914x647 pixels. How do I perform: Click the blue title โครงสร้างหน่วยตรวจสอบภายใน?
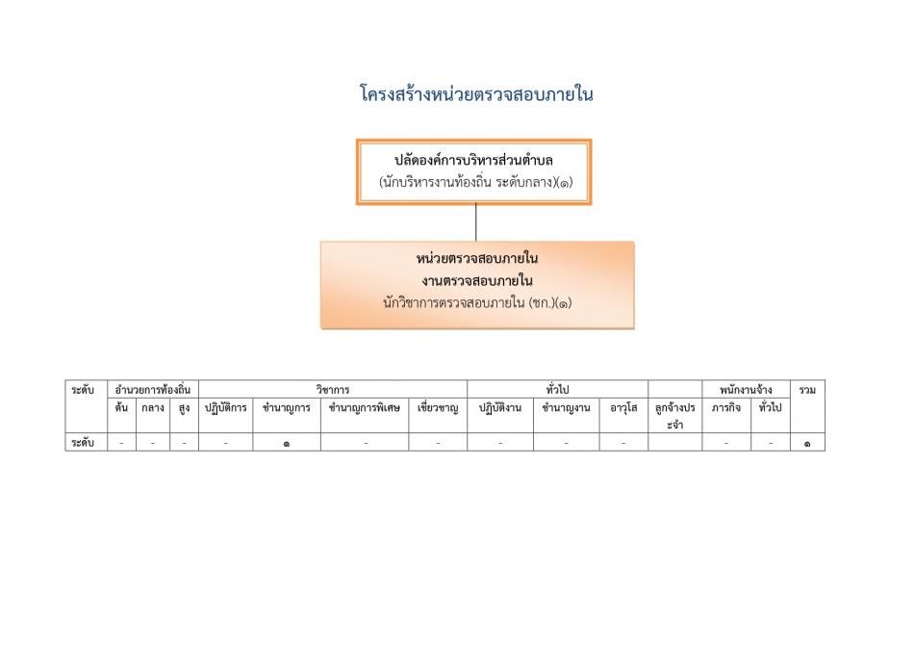pyautogui.click(x=476, y=94)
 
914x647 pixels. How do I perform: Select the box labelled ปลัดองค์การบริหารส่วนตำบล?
pyautogui.click(x=474, y=172)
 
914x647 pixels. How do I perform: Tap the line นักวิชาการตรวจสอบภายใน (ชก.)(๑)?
pyautogui.click(x=477, y=302)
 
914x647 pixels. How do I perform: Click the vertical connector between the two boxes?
pyautogui.click(x=475, y=222)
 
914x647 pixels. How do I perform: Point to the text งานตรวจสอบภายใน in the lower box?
pyautogui.click(x=477, y=280)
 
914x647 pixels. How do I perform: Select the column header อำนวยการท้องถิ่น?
pyautogui.click(x=153, y=390)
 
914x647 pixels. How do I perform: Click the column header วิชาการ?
pyautogui.click(x=333, y=390)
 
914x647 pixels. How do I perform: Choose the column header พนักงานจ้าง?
pyautogui.click(x=746, y=390)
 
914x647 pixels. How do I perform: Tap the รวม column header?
pyautogui.click(x=807, y=390)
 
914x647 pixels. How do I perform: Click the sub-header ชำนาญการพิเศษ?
pyautogui.click(x=365, y=408)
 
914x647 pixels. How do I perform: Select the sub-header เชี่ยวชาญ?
pyautogui.click(x=438, y=408)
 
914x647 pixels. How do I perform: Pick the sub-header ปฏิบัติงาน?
pyautogui.click(x=500, y=408)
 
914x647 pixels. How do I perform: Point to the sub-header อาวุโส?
pyautogui.click(x=623, y=408)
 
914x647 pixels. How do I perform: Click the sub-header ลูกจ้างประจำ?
pyautogui.click(x=675, y=416)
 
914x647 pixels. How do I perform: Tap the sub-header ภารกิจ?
pyautogui.click(x=726, y=408)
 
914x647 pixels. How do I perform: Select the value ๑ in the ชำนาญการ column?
pyautogui.click(x=286, y=444)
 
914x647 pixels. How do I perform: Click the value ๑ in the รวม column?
pyautogui.click(x=807, y=444)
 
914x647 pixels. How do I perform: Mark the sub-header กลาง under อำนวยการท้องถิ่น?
pyautogui.click(x=153, y=408)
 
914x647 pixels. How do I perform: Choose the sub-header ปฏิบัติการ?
pyautogui.click(x=225, y=408)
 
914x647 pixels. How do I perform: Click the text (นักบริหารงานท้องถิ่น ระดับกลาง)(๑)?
pyautogui.click(x=476, y=183)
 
